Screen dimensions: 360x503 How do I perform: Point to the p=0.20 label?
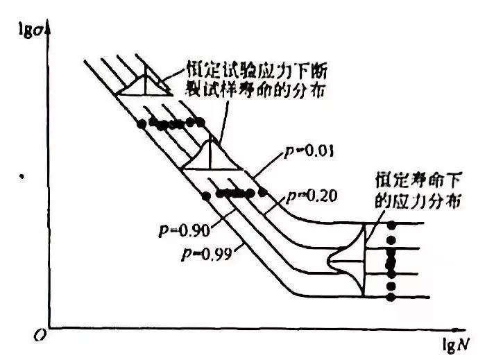click(313, 196)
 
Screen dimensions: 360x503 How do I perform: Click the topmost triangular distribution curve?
click(144, 85)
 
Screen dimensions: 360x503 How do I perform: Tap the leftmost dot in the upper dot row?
click(142, 123)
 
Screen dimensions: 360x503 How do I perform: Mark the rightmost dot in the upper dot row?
click(201, 122)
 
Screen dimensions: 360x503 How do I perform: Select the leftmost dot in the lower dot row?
click(206, 195)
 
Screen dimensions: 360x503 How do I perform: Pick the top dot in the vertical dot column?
click(391, 225)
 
